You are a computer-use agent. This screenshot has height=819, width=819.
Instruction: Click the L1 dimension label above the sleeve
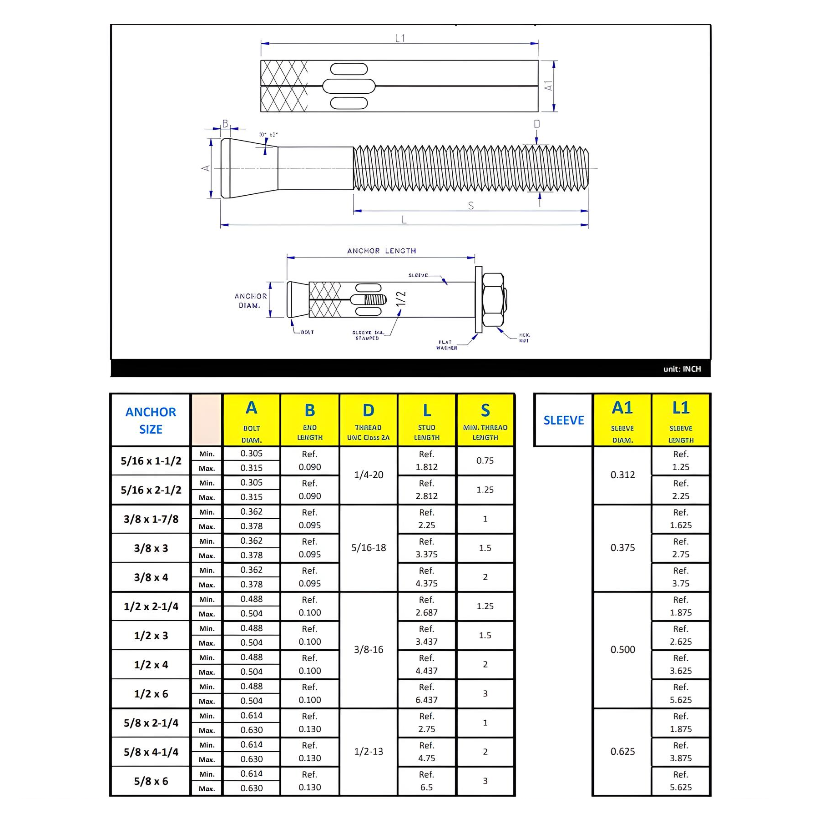click(x=400, y=38)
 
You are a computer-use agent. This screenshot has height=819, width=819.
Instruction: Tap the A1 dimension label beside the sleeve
click(x=548, y=86)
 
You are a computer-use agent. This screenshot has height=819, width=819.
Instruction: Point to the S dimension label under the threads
click(x=471, y=206)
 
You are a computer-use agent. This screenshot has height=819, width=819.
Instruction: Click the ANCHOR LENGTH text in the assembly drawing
click(x=381, y=251)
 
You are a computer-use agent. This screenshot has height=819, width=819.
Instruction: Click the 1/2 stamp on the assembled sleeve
click(x=400, y=299)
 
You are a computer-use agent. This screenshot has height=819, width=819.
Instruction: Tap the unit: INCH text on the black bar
click(x=682, y=369)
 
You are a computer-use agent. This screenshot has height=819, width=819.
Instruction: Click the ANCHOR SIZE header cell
click(x=151, y=420)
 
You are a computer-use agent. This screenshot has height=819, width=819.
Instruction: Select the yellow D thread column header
click(x=368, y=420)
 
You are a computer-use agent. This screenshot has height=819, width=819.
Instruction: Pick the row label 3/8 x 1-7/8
click(x=151, y=519)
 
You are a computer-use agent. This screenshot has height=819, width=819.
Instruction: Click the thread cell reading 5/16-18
click(x=368, y=548)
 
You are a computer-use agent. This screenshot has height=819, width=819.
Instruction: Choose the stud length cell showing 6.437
click(x=426, y=694)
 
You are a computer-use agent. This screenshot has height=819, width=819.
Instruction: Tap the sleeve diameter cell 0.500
click(x=622, y=650)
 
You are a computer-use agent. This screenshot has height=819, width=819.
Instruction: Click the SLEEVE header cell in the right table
click(x=563, y=420)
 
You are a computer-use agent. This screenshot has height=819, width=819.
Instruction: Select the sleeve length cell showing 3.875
click(x=680, y=752)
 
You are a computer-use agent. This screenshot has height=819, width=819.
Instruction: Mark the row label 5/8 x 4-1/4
click(x=151, y=752)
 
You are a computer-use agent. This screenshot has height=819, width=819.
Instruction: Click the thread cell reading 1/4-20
click(x=368, y=475)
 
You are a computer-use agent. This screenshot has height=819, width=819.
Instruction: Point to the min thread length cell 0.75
click(x=485, y=460)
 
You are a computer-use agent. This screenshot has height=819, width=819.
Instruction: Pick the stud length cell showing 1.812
click(x=426, y=461)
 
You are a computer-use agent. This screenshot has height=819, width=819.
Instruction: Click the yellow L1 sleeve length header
click(x=680, y=420)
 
